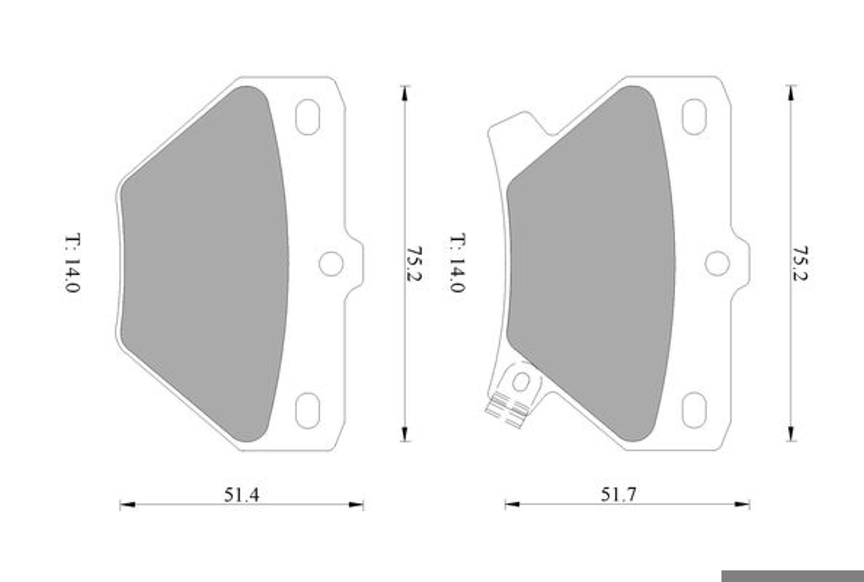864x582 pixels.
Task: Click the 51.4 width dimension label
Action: [x=241, y=495]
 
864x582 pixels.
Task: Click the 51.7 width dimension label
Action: [x=619, y=495]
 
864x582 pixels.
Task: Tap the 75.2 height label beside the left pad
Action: [x=415, y=263]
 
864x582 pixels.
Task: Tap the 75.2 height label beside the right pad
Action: [x=800, y=263]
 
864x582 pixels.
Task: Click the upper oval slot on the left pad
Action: [x=308, y=117]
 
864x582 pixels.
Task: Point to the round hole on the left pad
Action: [x=331, y=264]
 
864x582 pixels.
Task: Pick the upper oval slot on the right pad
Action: [x=694, y=117]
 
